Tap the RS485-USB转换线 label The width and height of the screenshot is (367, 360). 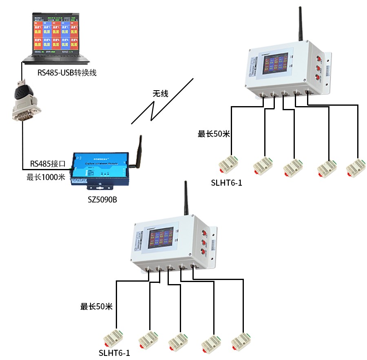(x=67, y=73)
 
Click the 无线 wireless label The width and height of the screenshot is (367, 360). (x=160, y=93)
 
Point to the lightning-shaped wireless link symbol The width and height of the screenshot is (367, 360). (x=161, y=102)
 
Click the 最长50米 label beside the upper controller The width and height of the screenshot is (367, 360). (x=214, y=134)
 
